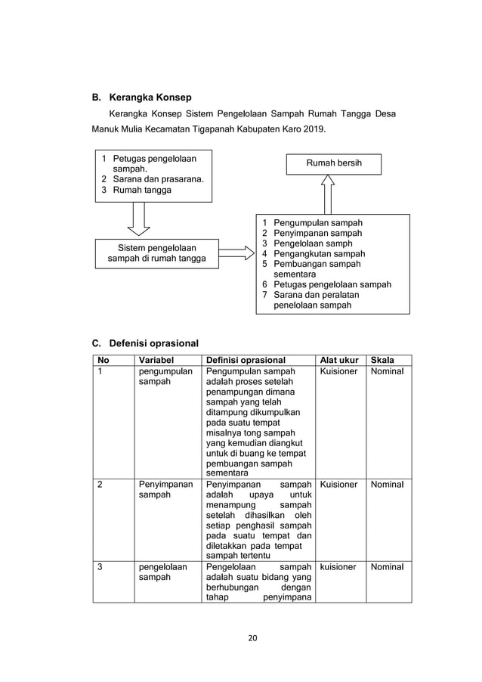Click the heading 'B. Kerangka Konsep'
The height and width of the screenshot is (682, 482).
point(141,98)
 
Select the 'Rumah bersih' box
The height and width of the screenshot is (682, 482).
point(333,163)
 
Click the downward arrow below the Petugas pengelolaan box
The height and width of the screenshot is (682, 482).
point(138,219)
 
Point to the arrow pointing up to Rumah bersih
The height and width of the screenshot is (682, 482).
point(327,195)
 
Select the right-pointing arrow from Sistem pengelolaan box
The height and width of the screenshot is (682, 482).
point(236,253)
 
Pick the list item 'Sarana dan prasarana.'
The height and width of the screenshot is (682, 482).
point(159,180)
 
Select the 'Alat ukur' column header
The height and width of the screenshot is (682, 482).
point(339,361)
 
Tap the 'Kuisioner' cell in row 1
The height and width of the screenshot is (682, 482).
point(338,371)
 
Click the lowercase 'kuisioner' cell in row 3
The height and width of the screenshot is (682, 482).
point(338,566)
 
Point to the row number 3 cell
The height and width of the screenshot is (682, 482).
point(100,566)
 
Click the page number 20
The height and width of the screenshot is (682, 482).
point(252,637)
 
